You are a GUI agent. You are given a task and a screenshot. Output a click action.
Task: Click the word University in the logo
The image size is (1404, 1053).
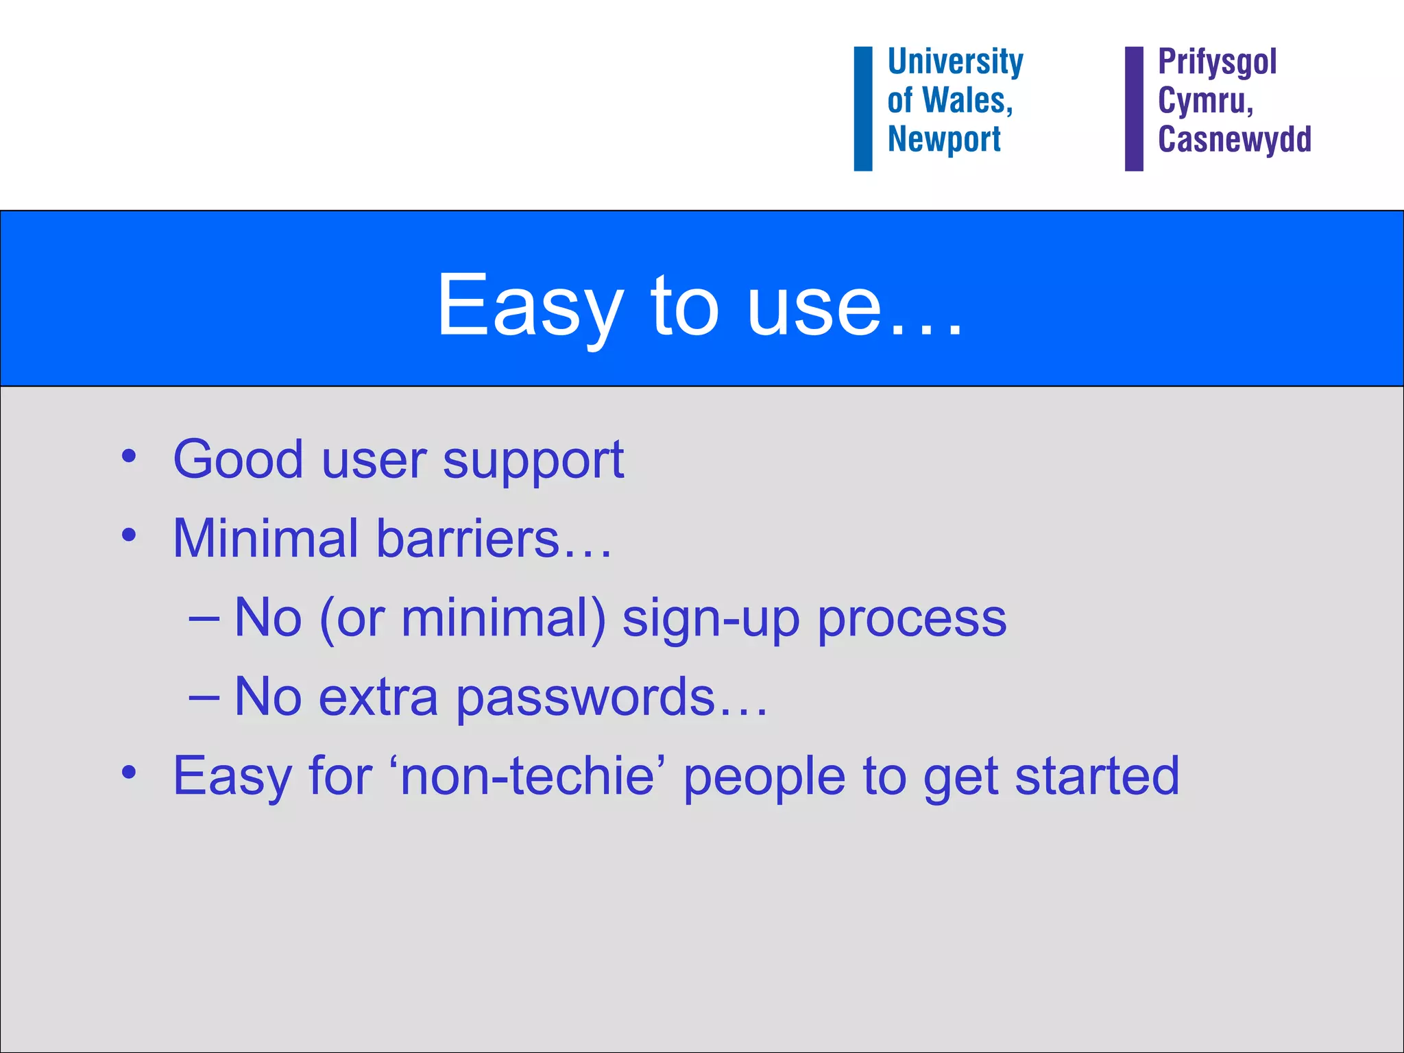click(955, 62)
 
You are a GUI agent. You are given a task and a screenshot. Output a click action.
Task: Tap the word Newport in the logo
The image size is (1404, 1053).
click(944, 139)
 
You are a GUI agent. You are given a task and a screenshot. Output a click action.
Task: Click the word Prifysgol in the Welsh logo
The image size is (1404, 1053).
click(1217, 62)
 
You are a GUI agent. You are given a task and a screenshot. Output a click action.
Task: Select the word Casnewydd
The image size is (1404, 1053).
click(1234, 139)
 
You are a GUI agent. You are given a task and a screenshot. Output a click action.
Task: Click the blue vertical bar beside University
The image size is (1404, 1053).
click(862, 108)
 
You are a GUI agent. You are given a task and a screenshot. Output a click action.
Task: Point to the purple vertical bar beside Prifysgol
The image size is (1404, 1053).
click(1134, 108)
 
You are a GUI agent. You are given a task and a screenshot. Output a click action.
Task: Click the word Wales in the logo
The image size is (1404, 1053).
click(967, 101)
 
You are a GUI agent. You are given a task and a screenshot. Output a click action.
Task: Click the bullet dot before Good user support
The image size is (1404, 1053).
click(129, 456)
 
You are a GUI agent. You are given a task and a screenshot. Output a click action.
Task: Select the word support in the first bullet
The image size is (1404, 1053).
click(533, 461)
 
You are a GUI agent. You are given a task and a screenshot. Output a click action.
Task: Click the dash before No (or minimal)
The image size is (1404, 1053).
click(204, 618)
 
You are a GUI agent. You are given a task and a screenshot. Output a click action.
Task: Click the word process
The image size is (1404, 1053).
click(912, 620)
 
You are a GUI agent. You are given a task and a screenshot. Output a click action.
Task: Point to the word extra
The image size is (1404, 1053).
click(378, 698)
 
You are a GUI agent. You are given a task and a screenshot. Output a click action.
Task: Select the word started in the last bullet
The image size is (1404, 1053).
click(1097, 776)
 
